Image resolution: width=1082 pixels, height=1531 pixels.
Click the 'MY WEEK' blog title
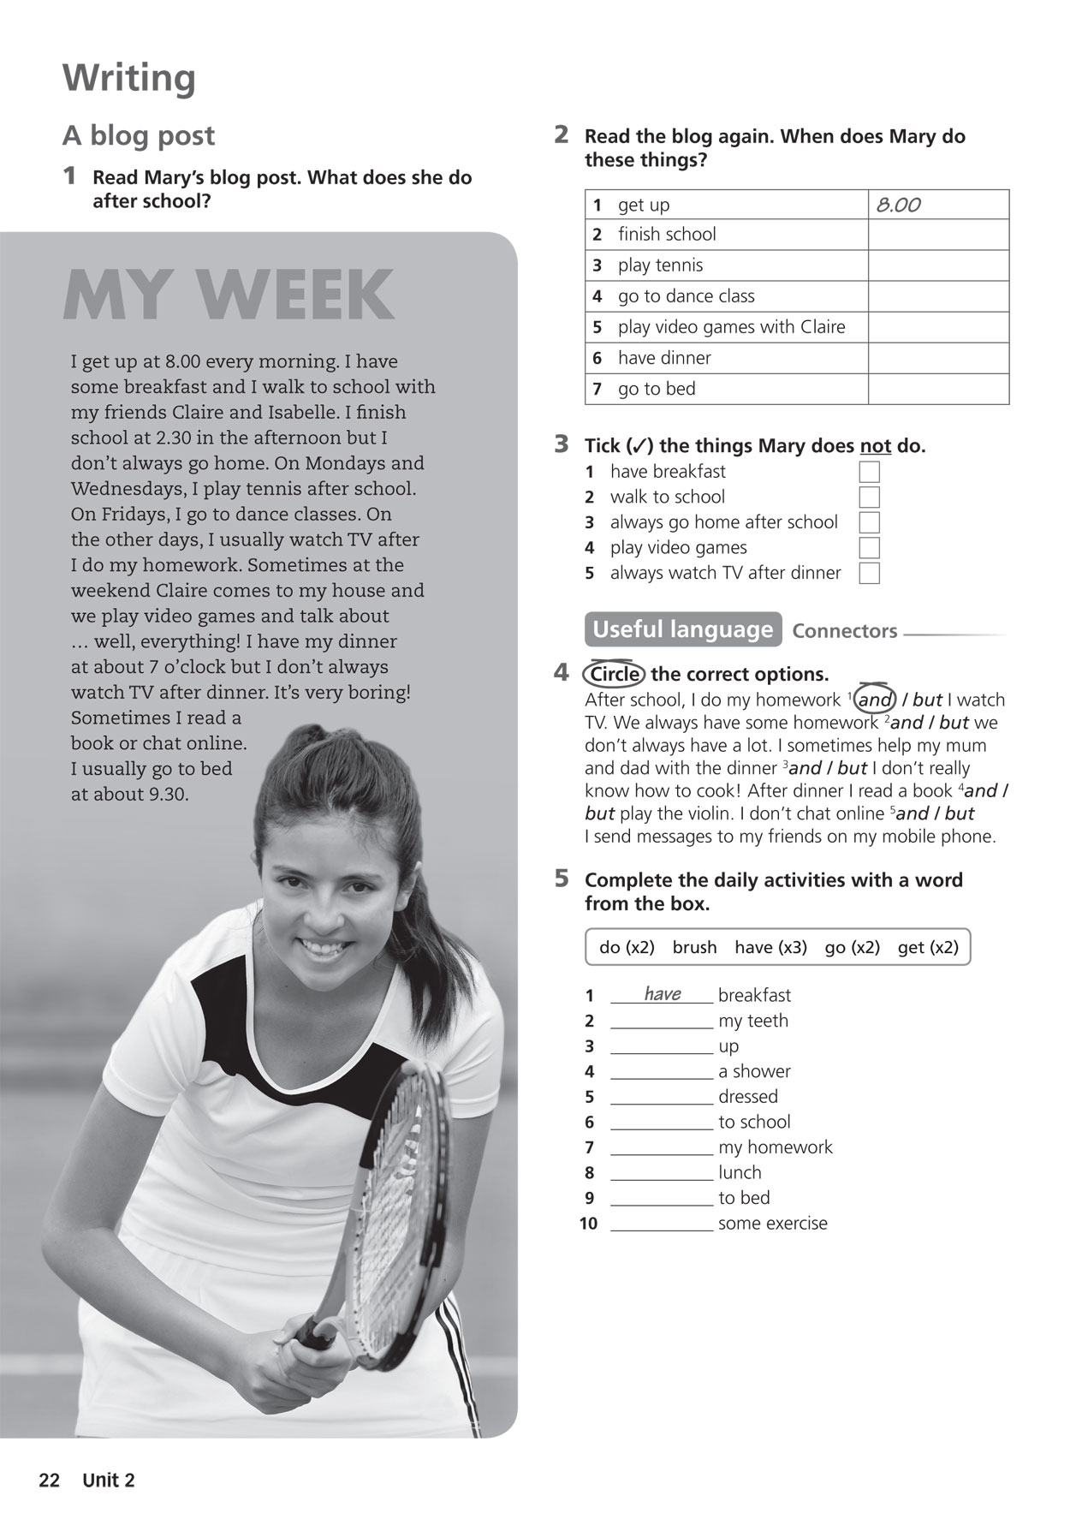pos(228,295)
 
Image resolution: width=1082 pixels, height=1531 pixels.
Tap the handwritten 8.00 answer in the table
pos(898,206)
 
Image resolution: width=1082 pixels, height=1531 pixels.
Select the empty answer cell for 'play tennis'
pos(938,265)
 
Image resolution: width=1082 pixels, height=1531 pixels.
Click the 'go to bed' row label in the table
pos(657,389)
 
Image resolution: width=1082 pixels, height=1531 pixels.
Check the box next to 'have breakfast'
pos(869,472)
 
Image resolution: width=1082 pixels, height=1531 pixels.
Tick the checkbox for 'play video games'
pos(869,548)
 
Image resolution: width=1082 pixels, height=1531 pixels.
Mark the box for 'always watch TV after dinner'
pos(869,574)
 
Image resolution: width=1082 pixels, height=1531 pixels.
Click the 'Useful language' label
pos(682,629)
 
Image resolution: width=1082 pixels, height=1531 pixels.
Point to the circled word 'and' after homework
pos(875,700)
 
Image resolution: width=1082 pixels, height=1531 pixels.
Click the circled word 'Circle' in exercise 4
pos(615,675)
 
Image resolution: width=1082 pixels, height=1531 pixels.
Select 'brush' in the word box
pos(694,947)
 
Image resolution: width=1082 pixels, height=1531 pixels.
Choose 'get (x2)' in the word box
pos(928,947)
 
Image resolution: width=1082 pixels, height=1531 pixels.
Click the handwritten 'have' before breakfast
pos(663,993)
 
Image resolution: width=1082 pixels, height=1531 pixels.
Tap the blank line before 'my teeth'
pos(662,1022)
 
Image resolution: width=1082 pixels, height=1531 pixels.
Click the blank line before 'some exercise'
pos(662,1224)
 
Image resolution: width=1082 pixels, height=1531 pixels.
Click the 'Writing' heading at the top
pos(128,79)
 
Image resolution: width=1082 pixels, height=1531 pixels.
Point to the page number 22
pos(50,1480)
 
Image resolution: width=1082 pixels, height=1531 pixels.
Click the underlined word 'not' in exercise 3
pos(875,446)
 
